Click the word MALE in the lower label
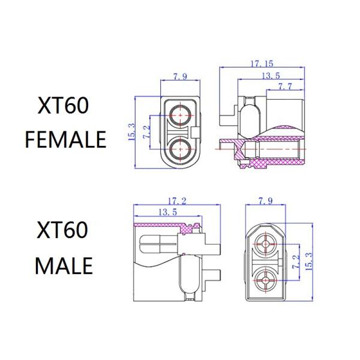pyautogui.click(x=64, y=265)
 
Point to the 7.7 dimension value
pyautogui.click(x=284, y=87)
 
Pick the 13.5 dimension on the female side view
pyautogui.click(x=272, y=75)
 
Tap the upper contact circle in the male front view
pyautogui.click(x=264, y=243)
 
